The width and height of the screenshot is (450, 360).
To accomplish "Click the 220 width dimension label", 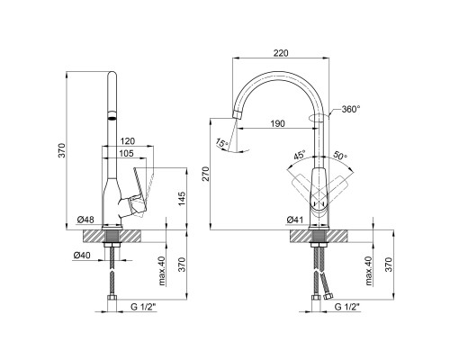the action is (281, 53).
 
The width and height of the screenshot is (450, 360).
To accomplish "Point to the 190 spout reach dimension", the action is (277, 123).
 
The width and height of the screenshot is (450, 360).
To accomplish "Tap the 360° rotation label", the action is (351, 109).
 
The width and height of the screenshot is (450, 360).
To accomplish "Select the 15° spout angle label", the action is (222, 143).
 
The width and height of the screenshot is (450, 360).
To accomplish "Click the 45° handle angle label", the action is (300, 156).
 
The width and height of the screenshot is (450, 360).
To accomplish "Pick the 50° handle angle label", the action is (340, 155).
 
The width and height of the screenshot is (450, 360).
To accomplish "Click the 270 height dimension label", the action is (206, 174).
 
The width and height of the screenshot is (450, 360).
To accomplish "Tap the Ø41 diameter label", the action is (295, 220).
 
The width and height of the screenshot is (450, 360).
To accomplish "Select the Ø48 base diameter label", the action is (85, 220).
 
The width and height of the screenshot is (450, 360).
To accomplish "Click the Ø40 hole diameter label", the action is (82, 256).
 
